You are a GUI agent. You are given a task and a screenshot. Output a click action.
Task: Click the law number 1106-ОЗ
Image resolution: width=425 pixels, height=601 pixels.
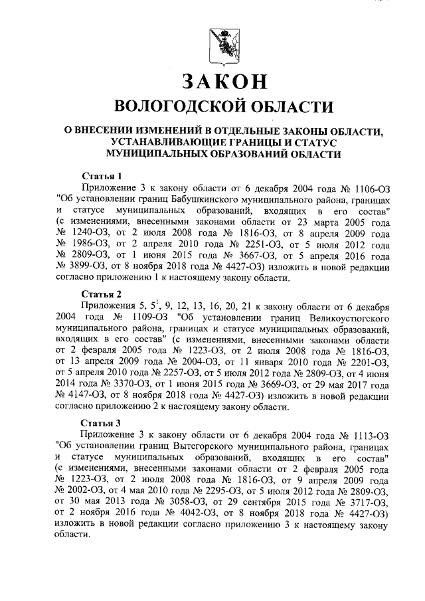368,188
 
